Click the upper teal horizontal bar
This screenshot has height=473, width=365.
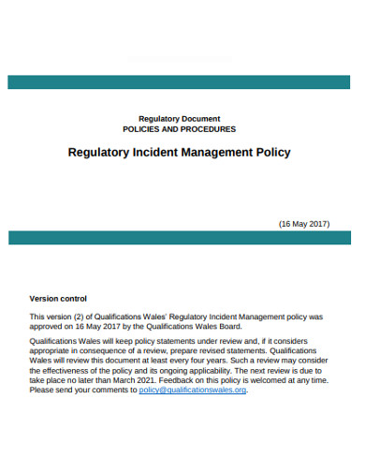pos(182,82)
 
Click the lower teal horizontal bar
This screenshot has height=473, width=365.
pos(182,238)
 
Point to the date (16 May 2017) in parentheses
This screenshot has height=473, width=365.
pos(304,224)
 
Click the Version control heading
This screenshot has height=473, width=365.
pos(58,299)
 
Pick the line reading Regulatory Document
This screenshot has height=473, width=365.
pos(180,119)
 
